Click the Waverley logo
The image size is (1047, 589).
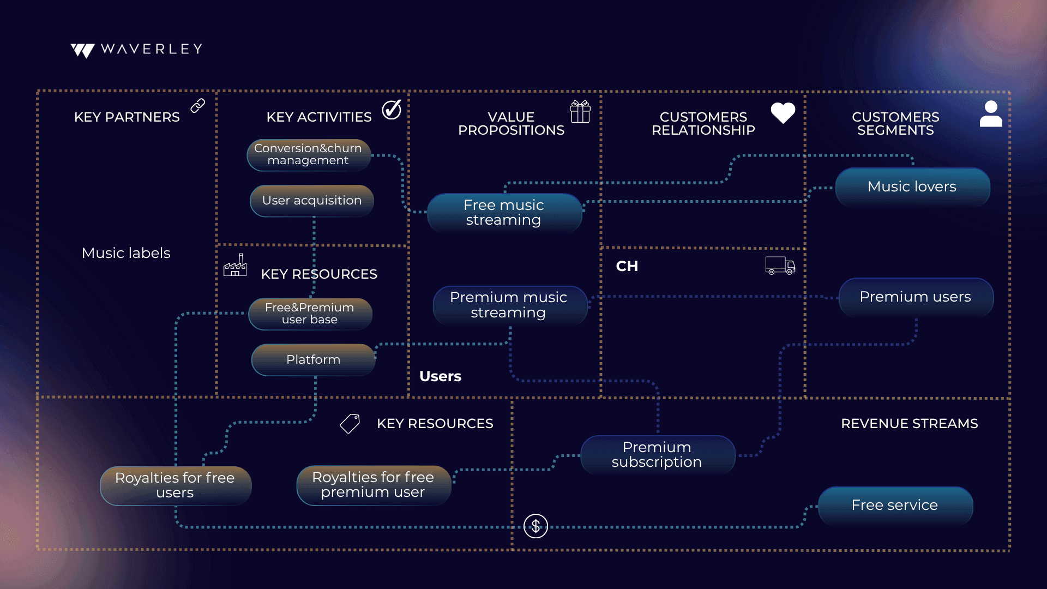tap(136, 50)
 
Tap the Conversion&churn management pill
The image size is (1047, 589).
tap(309, 155)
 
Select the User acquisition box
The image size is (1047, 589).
tap(312, 201)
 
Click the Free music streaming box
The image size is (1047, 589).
tap(504, 213)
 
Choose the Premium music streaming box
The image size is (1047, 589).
tap(509, 305)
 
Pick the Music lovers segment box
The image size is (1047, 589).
tap(912, 187)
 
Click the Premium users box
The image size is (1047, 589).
tap(916, 297)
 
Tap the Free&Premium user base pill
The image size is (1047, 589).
tap(310, 314)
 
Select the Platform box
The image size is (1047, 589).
tap(314, 359)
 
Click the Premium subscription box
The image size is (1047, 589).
tap(658, 454)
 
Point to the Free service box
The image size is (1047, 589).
tap(895, 506)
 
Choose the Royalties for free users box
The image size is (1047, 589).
tap(176, 485)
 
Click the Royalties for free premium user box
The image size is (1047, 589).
tap(374, 485)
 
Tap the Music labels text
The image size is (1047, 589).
tap(126, 253)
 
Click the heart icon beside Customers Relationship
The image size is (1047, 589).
tap(783, 113)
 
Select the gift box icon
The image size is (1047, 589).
tap(580, 112)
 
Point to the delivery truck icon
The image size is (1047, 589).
tap(780, 266)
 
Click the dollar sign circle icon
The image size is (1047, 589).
tap(535, 526)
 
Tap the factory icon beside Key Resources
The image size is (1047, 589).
tap(235, 265)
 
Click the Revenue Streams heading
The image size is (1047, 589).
tap(909, 424)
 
